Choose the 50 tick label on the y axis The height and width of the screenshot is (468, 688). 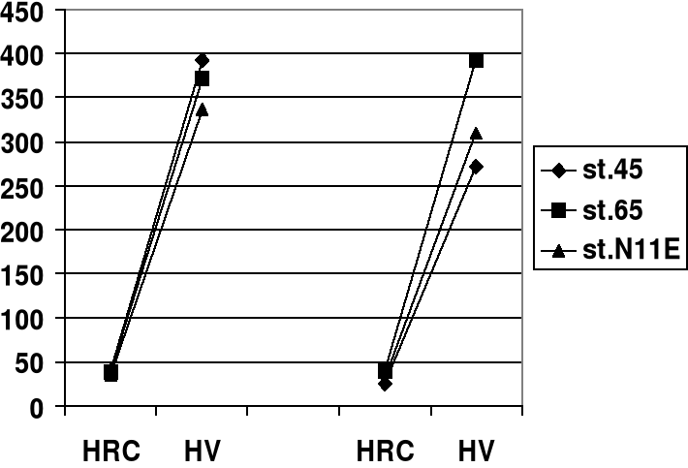37,363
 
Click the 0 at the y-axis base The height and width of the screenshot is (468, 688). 44,408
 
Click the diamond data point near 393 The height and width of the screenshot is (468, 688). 202,60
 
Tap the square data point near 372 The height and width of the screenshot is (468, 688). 202,78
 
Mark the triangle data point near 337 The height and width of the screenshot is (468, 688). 202,109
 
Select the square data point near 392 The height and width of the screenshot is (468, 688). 476,60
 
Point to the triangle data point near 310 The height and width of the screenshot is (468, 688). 476,134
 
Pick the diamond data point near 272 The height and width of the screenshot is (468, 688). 476,167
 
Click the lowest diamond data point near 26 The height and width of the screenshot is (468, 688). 386,384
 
